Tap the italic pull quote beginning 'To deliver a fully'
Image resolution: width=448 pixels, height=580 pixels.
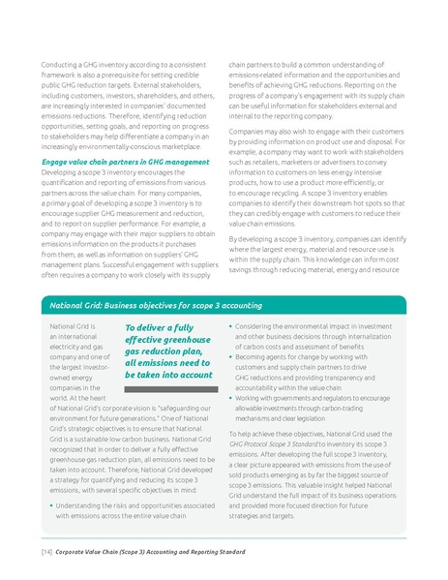(x=168, y=351)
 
